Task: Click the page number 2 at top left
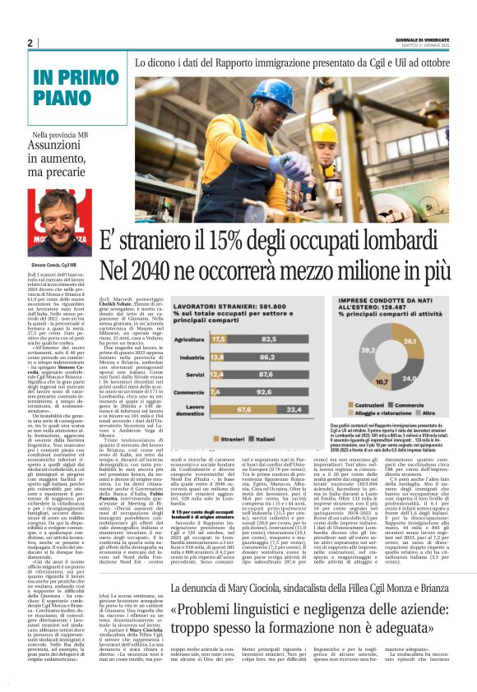click(30, 43)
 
